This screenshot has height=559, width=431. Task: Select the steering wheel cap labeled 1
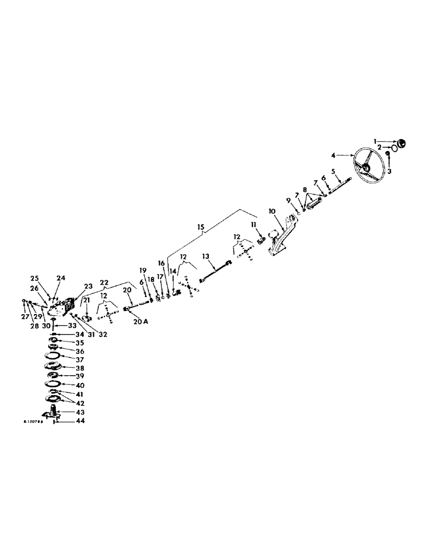[x=402, y=143]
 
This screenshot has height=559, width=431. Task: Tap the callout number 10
[x=272, y=211]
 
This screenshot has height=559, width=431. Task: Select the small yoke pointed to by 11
[x=261, y=240]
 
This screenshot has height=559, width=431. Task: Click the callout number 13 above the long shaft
[x=205, y=256]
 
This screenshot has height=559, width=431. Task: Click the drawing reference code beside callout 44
[x=33, y=423]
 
